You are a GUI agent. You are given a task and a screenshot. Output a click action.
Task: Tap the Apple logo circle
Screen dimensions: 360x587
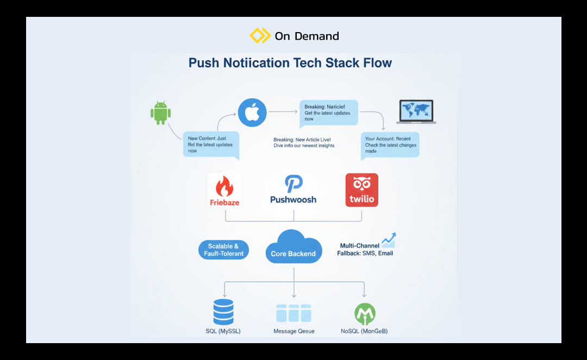point(252,113)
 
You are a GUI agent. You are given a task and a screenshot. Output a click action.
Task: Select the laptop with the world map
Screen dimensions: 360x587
point(416,111)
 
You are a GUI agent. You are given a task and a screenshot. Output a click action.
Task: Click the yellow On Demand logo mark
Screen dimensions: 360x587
point(260,36)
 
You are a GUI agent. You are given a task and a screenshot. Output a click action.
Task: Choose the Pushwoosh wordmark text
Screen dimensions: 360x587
point(293,200)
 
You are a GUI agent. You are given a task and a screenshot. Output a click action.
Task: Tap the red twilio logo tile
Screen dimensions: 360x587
point(361,190)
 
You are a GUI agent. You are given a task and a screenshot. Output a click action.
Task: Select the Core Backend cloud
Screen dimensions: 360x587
point(293,247)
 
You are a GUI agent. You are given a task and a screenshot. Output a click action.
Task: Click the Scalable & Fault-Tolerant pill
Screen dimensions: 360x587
point(223,250)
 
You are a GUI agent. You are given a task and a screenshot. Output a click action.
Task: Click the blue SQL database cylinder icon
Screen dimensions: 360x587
point(223,312)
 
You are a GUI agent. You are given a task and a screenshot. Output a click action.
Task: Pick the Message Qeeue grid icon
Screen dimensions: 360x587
point(293,313)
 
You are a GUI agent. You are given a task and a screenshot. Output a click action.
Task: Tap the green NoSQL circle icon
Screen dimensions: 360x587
point(365,314)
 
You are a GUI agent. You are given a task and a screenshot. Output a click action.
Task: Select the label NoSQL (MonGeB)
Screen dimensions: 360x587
point(364,331)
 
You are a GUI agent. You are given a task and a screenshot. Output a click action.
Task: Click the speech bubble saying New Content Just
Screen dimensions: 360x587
point(211,145)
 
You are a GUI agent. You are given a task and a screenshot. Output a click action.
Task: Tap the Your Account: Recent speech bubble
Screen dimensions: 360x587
point(390,145)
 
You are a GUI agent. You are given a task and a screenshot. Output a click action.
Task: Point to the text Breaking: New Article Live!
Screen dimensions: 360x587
point(302,140)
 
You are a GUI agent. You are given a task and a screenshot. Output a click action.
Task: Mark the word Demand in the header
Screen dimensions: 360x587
point(316,36)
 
